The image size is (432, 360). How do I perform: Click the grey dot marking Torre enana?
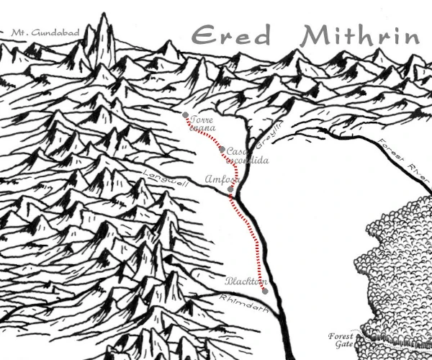(x=186, y=115)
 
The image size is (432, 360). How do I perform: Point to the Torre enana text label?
(x=204, y=125)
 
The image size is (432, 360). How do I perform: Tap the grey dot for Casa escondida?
(x=222, y=149)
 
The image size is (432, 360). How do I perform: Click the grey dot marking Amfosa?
(x=230, y=189)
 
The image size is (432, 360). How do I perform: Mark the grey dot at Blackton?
(x=265, y=291)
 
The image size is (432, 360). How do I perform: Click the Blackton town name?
(x=246, y=281)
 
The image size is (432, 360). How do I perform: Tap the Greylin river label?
(x=264, y=137)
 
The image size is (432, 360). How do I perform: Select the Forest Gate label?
(x=341, y=341)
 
